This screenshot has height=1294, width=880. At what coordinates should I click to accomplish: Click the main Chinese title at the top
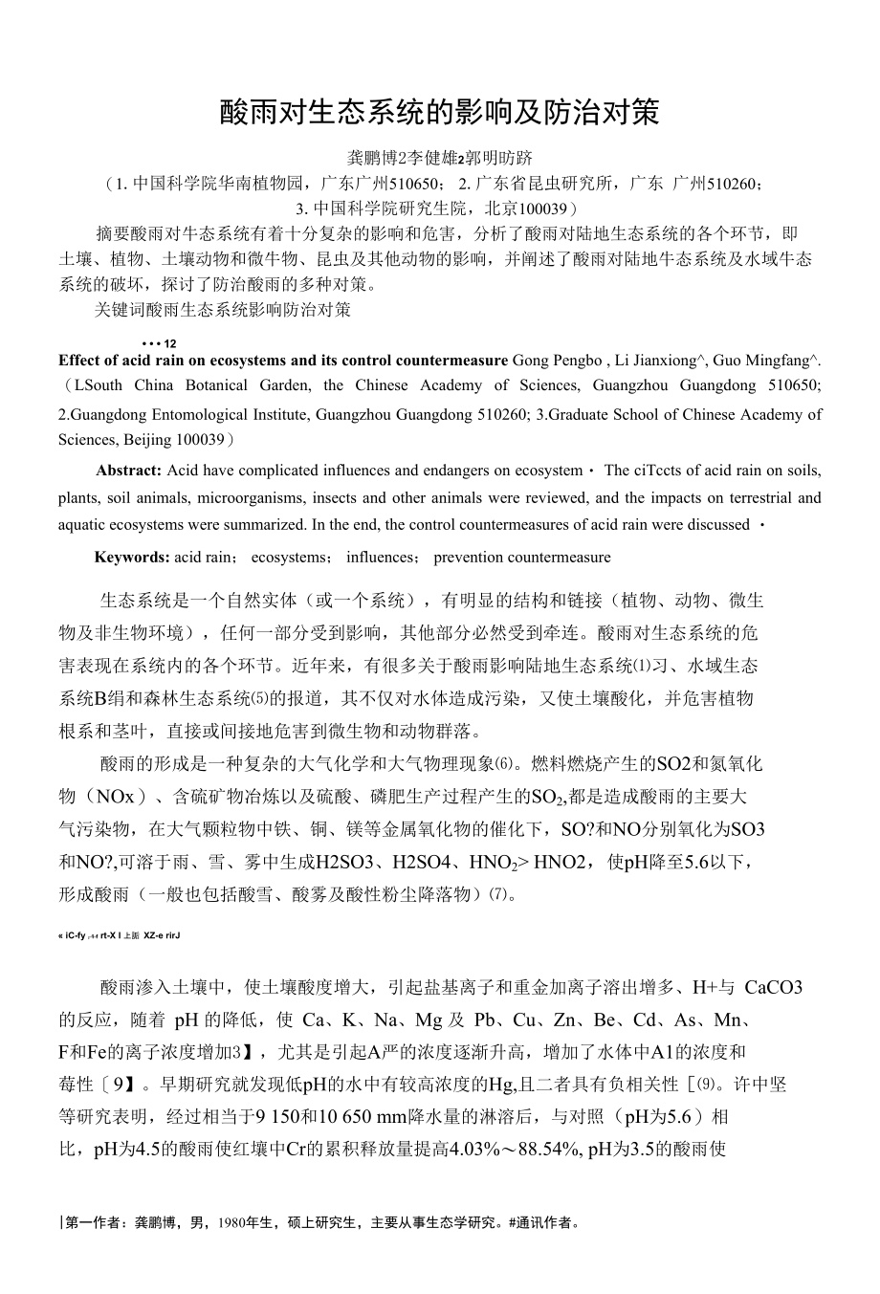(439, 113)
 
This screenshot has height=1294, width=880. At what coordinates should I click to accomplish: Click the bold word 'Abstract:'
(128, 471)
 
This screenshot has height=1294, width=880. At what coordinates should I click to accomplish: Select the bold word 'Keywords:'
(132, 557)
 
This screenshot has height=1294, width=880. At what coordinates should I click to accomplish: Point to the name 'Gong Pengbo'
(558, 361)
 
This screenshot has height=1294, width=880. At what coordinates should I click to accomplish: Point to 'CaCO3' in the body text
(773, 987)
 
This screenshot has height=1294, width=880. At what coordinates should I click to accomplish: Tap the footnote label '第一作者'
(94, 1222)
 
